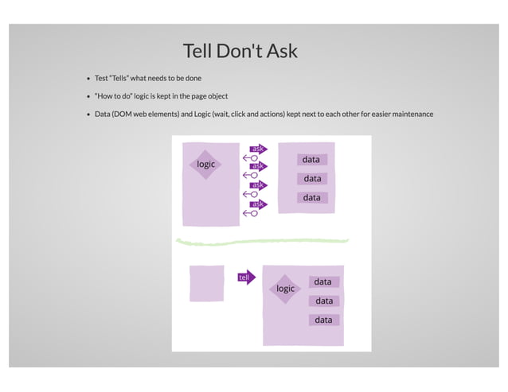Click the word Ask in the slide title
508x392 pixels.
coord(282,51)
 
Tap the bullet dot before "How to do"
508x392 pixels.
coord(88,96)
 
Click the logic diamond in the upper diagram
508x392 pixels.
coord(206,164)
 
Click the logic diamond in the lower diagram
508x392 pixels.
coord(285,289)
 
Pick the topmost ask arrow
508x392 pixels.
coord(259,149)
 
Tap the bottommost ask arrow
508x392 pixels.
coord(258,204)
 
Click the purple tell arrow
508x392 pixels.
coord(246,277)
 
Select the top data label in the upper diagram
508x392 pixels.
coord(311,160)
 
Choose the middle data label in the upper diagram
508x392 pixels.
coord(311,179)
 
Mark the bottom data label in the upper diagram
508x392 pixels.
coord(311,197)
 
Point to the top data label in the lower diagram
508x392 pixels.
coord(323,282)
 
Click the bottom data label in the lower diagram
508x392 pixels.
coord(323,320)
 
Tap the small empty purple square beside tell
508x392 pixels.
coord(206,283)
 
